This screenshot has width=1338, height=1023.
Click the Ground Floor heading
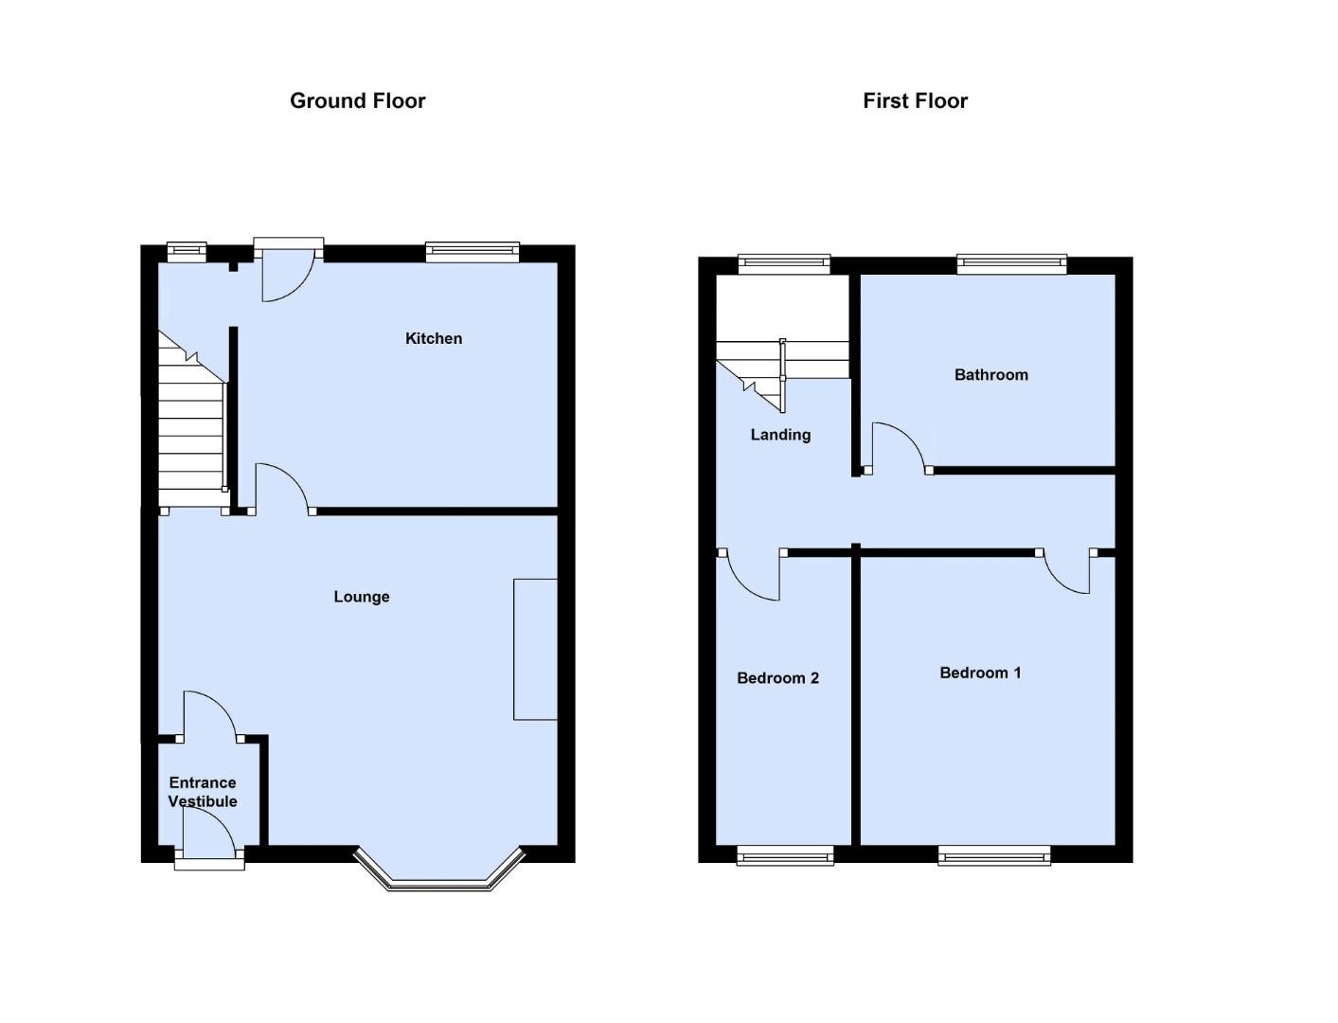pyautogui.click(x=357, y=100)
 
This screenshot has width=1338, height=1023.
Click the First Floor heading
pyautogui.click(x=915, y=100)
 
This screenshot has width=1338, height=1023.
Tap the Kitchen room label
pyautogui.click(x=434, y=338)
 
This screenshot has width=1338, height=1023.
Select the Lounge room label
pyautogui.click(x=362, y=596)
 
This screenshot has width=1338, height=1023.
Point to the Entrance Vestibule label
pyautogui.click(x=203, y=791)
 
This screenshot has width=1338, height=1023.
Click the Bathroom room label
pyautogui.click(x=991, y=374)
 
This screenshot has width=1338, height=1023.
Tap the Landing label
pyautogui.click(x=780, y=435)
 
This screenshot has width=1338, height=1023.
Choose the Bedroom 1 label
pyautogui.click(x=980, y=673)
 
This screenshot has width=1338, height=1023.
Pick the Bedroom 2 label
pyautogui.click(x=777, y=678)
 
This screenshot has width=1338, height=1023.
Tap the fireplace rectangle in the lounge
pyautogui.click(x=535, y=649)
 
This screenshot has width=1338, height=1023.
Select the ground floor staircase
pyautogui.click(x=193, y=421)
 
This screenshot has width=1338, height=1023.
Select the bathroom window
pyautogui.click(x=1012, y=264)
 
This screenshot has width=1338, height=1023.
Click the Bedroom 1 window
pyautogui.click(x=993, y=855)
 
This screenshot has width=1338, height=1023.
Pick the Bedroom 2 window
pyautogui.click(x=785, y=855)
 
